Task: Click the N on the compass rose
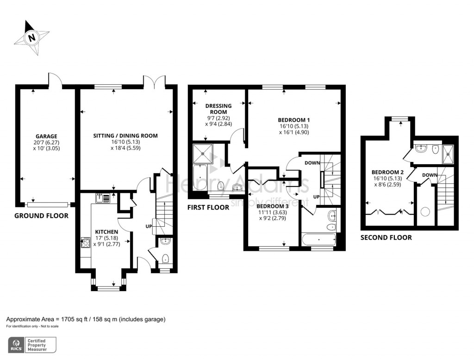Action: click(31, 38)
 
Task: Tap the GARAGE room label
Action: click(46, 137)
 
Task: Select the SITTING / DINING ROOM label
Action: click(125, 136)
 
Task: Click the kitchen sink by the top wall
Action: click(103, 199)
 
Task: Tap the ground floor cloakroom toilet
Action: click(165, 259)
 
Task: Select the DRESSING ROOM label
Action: click(218, 109)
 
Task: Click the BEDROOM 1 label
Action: click(294, 120)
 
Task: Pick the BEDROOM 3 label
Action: click(272, 206)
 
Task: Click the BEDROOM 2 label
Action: click(387, 172)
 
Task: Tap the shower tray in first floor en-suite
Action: click(203, 154)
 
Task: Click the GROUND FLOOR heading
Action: click(41, 216)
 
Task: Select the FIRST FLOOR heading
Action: click(208, 207)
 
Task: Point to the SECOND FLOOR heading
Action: click(386, 237)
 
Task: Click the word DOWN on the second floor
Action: click(430, 175)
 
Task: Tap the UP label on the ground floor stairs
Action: click(149, 226)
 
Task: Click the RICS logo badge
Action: click(16, 345)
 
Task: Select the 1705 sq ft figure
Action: click(75, 319)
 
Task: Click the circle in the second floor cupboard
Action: click(426, 211)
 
